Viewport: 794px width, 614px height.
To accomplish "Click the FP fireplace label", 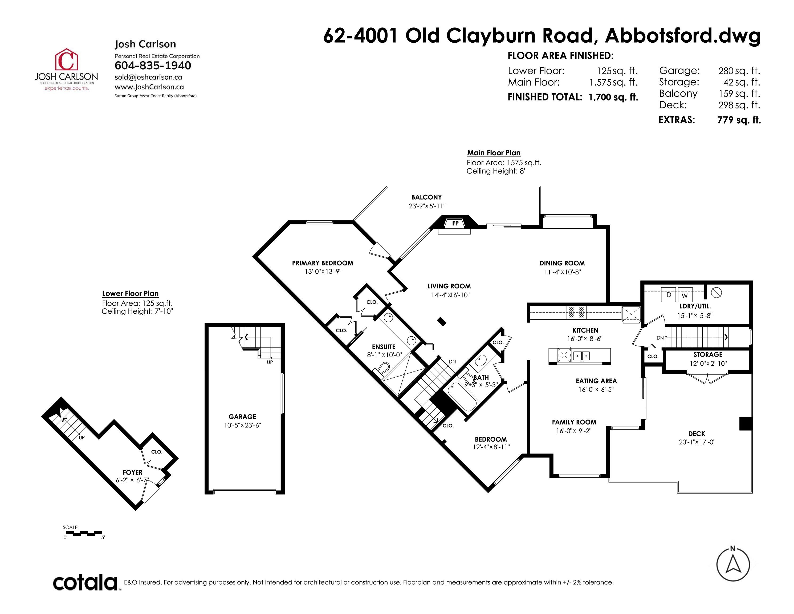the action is pos(455,223).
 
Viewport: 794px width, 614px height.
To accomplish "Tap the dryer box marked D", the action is pos(669,295).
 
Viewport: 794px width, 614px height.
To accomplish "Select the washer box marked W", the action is pos(685,295).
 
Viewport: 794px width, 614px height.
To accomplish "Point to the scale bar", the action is pos(84,533).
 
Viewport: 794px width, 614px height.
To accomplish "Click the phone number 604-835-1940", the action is pos(153,66).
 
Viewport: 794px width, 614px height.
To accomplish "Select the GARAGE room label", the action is pos(242,417).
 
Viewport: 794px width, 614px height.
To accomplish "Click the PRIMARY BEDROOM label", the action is pos(323,263).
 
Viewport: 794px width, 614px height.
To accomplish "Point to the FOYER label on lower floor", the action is pos(132,472).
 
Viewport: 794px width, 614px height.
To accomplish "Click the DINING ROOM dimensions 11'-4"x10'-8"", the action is pos(563,272).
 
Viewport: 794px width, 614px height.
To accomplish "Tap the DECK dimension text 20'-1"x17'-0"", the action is pos(697,442).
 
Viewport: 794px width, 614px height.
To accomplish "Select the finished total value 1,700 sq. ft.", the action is pos(613,97).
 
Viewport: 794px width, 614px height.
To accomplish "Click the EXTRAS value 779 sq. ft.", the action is pos(739,120).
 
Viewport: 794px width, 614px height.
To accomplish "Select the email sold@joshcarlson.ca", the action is pos(148,77).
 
